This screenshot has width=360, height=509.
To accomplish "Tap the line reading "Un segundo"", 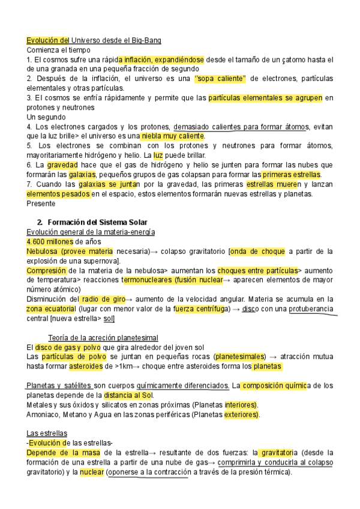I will pyautogui.click(x=46, y=116).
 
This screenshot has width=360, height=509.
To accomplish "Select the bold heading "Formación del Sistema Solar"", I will pyautogui.click(x=97, y=223).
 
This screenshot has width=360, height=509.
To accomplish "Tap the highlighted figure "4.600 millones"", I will pyautogui.click(x=51, y=241).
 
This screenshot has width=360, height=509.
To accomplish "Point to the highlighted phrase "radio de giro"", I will pyautogui.click(x=103, y=299).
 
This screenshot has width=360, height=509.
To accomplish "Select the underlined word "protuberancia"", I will pyautogui.click(x=313, y=309).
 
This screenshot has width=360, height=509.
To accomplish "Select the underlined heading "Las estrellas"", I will pyautogui.click(x=47, y=433).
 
